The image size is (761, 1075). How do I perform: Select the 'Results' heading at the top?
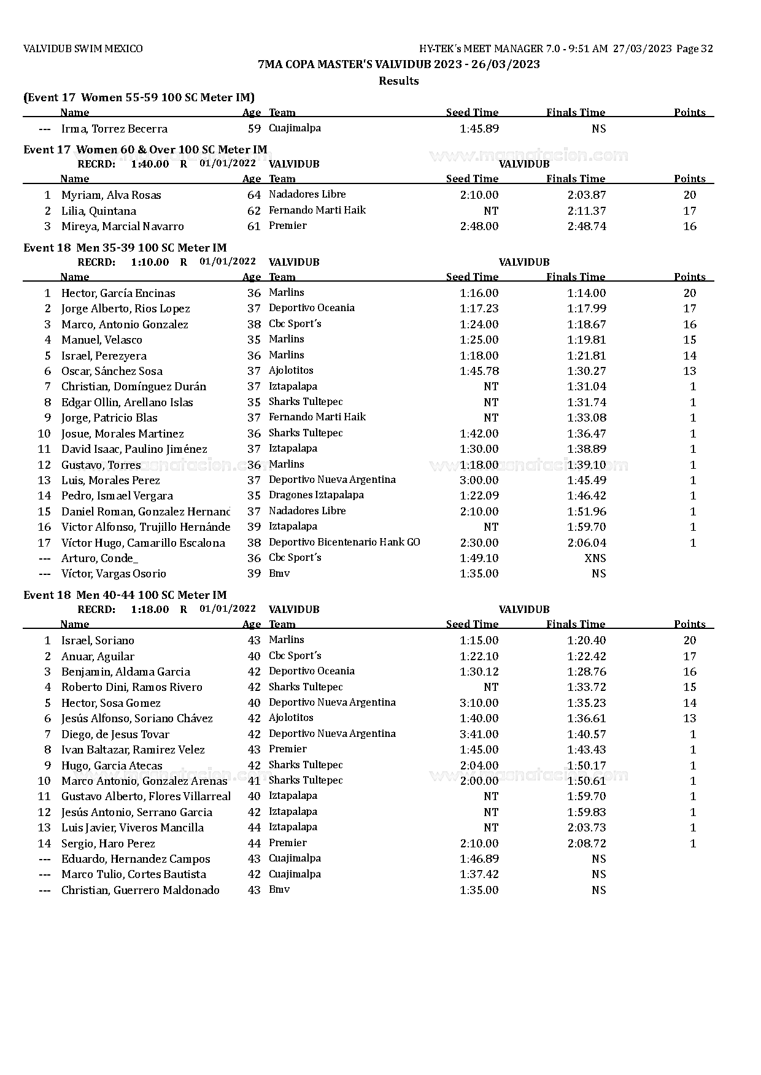click(398, 81)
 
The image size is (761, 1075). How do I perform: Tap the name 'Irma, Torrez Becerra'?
click(114, 129)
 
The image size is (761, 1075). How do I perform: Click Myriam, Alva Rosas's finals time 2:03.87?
click(586, 195)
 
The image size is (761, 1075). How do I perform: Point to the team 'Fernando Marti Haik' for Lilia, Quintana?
click(317, 210)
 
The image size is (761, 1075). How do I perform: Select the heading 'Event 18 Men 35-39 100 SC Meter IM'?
click(125, 248)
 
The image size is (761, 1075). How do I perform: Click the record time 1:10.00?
click(150, 262)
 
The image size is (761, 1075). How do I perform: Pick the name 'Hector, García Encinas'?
click(118, 293)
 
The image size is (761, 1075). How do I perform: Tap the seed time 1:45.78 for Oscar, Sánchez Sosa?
click(479, 371)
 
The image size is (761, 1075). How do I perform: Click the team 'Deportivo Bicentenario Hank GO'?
click(344, 542)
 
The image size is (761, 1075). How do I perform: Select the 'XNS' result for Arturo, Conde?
click(595, 558)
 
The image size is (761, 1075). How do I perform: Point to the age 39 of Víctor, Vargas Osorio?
click(254, 574)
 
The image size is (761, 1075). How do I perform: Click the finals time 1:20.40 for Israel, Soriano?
click(586, 641)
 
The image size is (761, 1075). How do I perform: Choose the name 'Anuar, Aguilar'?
click(98, 657)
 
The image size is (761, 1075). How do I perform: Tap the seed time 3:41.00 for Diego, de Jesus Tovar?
click(479, 734)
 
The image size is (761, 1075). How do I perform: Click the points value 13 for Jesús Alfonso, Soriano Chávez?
click(689, 719)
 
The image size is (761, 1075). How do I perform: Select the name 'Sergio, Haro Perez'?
click(108, 844)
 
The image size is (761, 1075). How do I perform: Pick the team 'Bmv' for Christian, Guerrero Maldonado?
click(279, 890)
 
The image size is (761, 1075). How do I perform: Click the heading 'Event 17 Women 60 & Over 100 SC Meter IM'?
click(145, 150)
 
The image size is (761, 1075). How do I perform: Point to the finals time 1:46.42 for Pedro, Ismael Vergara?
click(586, 496)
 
